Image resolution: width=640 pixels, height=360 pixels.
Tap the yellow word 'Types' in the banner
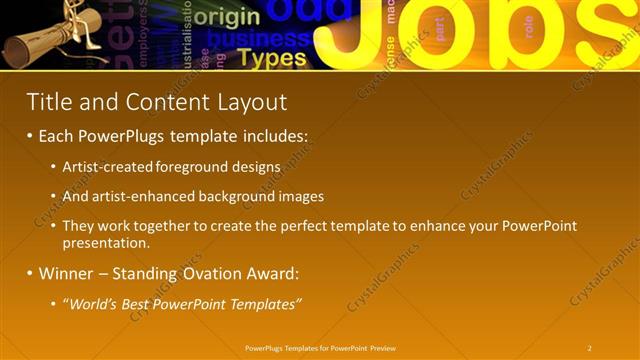[271, 57]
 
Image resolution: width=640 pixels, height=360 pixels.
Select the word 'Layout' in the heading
[253, 102]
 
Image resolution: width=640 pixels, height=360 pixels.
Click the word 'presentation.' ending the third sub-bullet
[106, 242]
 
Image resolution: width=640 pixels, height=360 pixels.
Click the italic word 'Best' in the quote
[132, 303]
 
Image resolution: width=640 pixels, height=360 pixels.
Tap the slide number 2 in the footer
[590, 348]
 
